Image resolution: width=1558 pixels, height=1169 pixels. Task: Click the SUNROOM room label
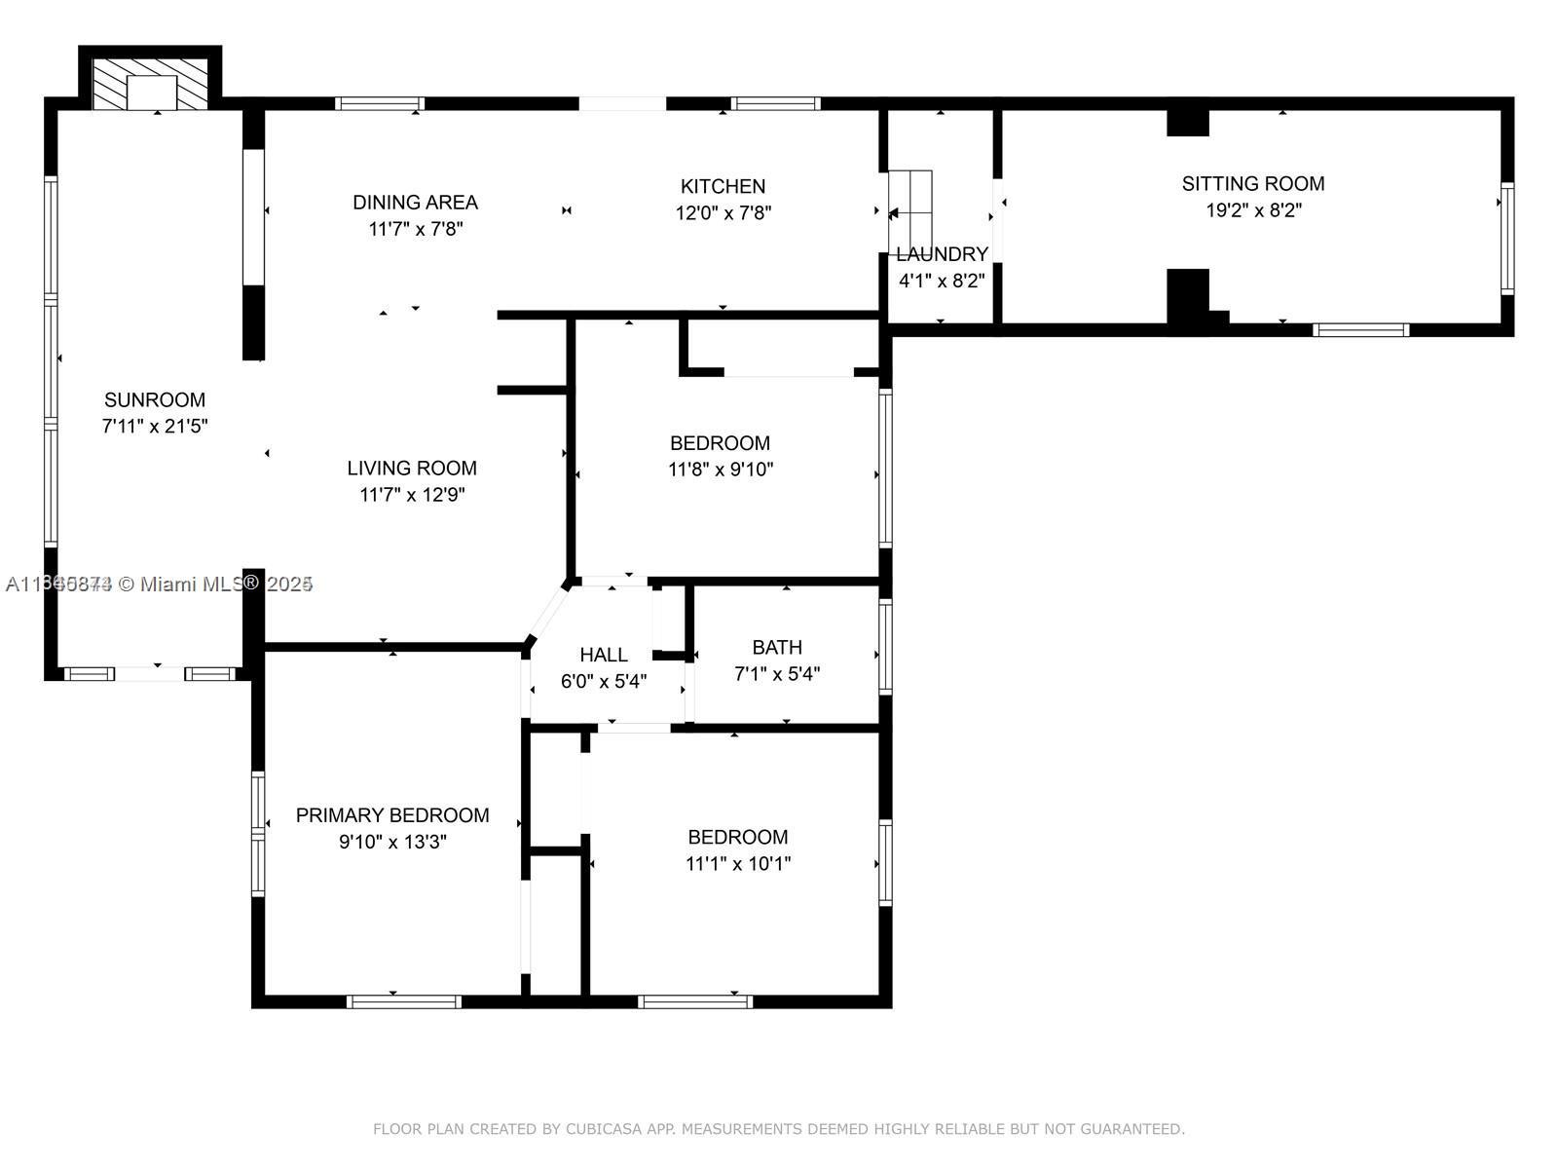(x=155, y=399)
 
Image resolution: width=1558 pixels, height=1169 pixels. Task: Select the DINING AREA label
(x=415, y=203)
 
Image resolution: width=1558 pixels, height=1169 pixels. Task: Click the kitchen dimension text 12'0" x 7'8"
(x=723, y=212)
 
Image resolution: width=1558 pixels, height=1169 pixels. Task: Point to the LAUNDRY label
(x=942, y=254)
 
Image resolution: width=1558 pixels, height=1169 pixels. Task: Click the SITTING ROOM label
(x=1252, y=183)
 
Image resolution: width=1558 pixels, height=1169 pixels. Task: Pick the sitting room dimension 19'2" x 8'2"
(x=1252, y=210)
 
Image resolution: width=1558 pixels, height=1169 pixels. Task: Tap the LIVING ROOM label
(x=412, y=468)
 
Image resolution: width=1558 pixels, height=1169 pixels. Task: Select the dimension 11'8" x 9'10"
(x=720, y=470)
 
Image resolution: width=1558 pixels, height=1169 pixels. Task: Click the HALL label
(x=603, y=655)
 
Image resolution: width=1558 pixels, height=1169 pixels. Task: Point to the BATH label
(x=776, y=647)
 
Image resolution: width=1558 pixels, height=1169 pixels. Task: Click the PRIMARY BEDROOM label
(x=392, y=815)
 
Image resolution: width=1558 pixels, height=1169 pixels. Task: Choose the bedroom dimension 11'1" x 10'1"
(x=737, y=864)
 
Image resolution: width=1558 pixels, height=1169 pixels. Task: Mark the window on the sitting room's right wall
(x=1506, y=239)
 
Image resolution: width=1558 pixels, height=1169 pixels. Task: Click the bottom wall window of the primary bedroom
(x=403, y=1000)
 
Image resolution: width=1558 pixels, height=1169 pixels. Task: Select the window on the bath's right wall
(x=885, y=646)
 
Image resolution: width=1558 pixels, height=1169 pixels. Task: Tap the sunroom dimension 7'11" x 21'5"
(x=155, y=427)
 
